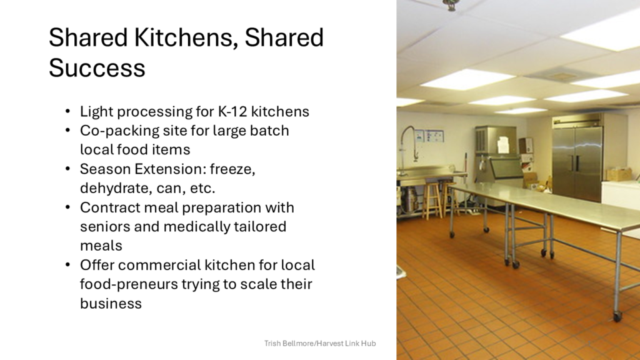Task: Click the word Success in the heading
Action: pyautogui.click(x=97, y=67)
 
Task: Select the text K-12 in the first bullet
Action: pyautogui.click(x=232, y=111)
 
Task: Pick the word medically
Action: pyautogui.click(x=197, y=227)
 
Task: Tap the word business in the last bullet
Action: pyautogui.click(x=111, y=303)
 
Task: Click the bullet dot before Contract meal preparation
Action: pyautogui.click(x=67, y=207)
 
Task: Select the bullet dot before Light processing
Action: pyautogui.click(x=67, y=111)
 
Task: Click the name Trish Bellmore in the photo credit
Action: pyautogui.click(x=289, y=343)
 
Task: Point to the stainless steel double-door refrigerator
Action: pyautogui.click(x=577, y=158)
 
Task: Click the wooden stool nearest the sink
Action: pyautogui.click(x=431, y=200)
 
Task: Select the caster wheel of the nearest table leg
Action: pyautogui.click(x=617, y=316)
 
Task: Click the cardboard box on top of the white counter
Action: pyautogui.click(x=619, y=175)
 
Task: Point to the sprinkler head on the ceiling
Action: pyautogui.click(x=451, y=5)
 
